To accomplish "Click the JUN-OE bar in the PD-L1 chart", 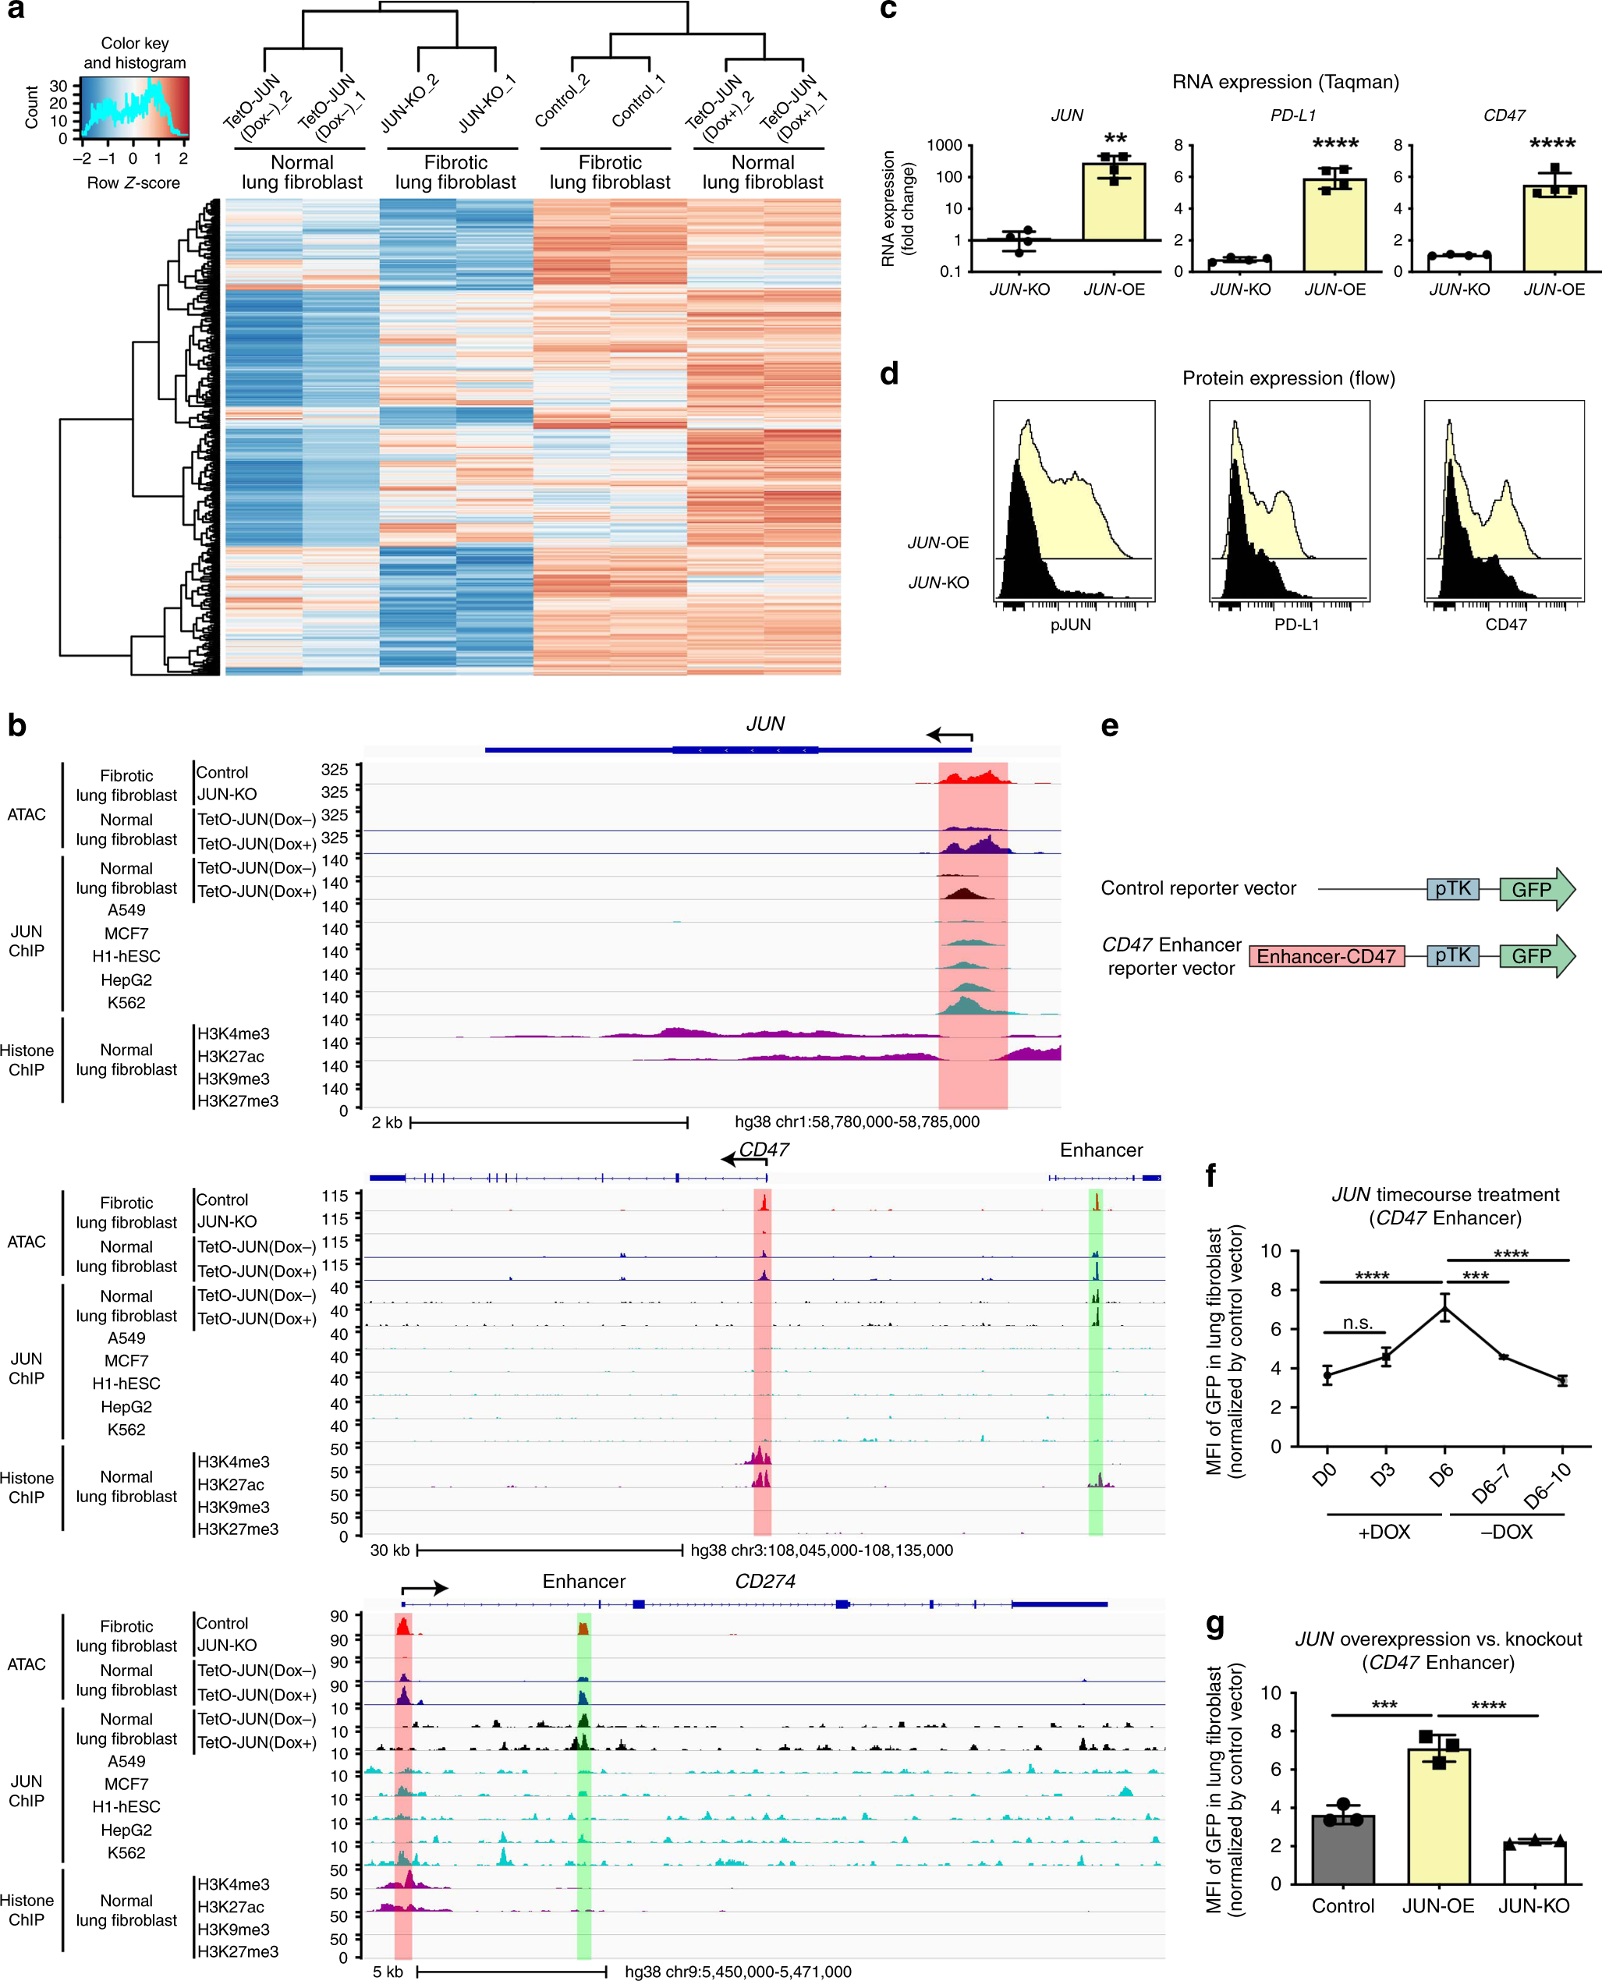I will [1334, 225].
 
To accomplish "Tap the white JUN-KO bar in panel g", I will [1533, 1863].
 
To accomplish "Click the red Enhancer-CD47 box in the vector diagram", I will [1326, 956].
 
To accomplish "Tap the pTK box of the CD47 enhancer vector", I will [1452, 955].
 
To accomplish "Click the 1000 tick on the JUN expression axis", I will [944, 145].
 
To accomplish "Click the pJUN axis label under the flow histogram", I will [1070, 625].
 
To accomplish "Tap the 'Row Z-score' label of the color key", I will [134, 183].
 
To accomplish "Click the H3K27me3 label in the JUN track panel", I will [237, 1100].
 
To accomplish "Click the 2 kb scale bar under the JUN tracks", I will [548, 1122].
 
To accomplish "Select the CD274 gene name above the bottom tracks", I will [765, 1581].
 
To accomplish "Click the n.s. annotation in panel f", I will [1356, 1322].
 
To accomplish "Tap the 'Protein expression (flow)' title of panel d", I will [1288, 378].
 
